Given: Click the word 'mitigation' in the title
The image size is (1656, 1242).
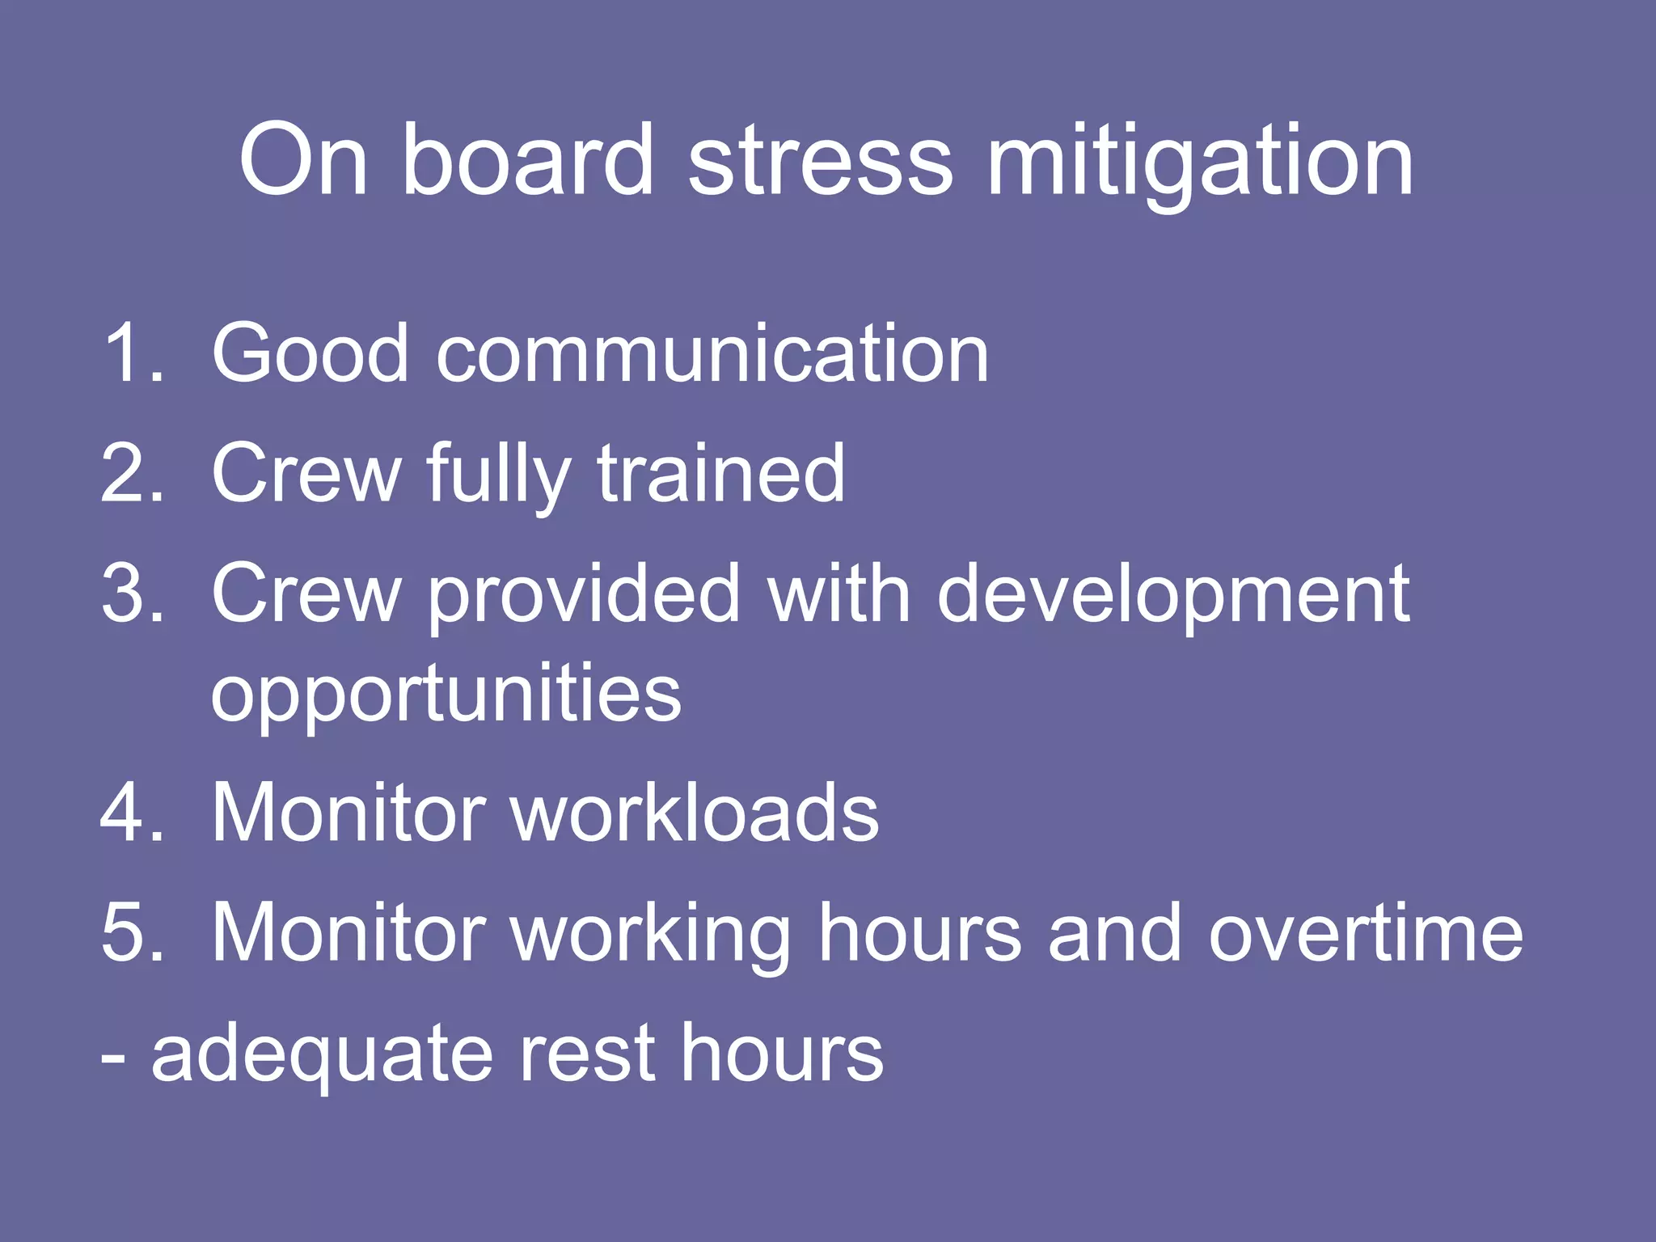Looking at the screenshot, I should click(x=1200, y=162).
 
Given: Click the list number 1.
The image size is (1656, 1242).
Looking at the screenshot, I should click(x=129, y=353).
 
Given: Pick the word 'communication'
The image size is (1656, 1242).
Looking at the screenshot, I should click(x=712, y=353).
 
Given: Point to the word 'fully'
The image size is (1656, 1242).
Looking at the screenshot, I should click(x=498, y=477).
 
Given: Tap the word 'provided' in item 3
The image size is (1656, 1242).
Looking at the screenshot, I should click(x=583, y=597).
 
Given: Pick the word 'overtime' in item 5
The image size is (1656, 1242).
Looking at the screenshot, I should click(x=1366, y=934).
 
